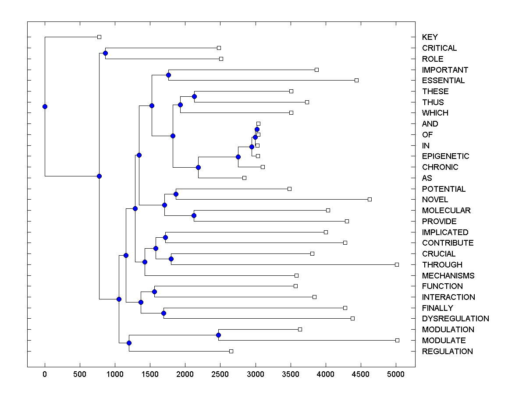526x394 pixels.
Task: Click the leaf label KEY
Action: click(x=430, y=37)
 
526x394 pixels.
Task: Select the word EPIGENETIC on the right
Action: click(x=445, y=156)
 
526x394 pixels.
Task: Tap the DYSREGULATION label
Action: click(x=455, y=319)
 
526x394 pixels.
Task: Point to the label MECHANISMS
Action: click(x=448, y=276)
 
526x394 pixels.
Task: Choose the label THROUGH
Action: click(x=442, y=265)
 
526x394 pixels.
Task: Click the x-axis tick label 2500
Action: click(x=220, y=375)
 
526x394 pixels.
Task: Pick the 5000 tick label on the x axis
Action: click(x=396, y=375)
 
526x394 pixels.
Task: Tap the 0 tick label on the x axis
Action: click(x=45, y=375)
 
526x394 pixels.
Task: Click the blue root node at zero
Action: click(x=45, y=106)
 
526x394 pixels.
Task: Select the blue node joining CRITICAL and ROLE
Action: click(x=105, y=53)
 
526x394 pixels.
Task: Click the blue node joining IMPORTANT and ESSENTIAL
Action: click(x=168, y=75)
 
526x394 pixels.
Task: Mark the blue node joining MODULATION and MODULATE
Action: click(x=218, y=335)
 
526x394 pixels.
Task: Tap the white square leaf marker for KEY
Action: click(x=99, y=37)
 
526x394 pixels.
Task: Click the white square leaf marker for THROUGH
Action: click(x=397, y=264)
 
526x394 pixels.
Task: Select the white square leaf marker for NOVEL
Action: click(x=370, y=200)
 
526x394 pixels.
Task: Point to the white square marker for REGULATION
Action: click(x=231, y=351)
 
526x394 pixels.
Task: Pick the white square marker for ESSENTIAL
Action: click(x=356, y=80)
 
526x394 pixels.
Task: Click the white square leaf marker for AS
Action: click(x=244, y=178)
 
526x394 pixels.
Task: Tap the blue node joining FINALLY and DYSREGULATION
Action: click(x=163, y=313)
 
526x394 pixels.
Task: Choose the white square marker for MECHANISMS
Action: click(x=296, y=275)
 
